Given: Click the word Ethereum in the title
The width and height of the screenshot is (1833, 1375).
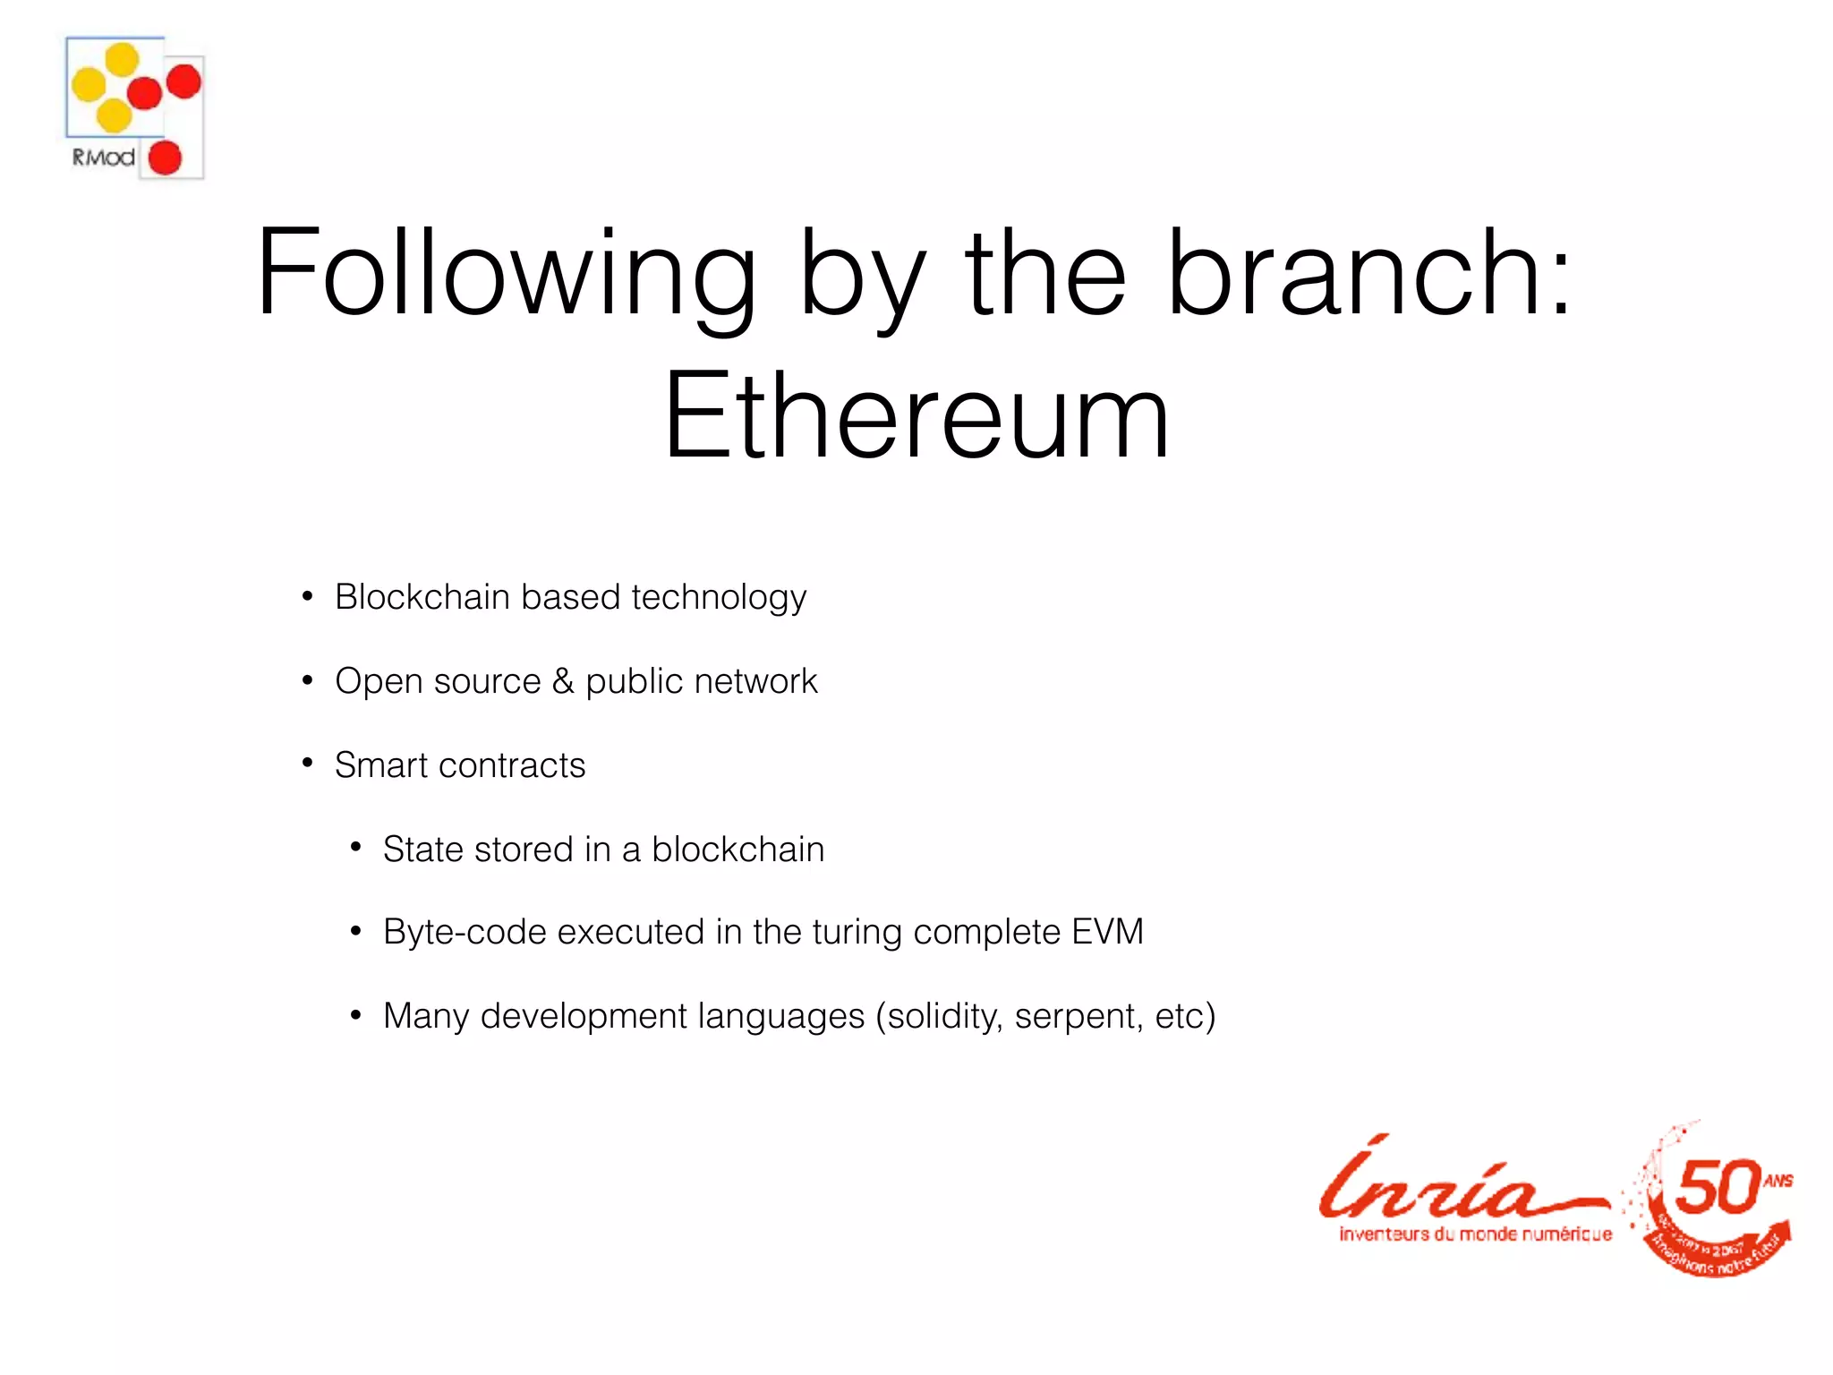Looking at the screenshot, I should coord(916,416).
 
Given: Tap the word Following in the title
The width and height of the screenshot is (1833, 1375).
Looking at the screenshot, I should coord(506,273).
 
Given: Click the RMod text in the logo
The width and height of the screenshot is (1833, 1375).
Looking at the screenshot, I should coord(103,158).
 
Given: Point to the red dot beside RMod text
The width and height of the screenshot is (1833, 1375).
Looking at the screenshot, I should coord(165,158).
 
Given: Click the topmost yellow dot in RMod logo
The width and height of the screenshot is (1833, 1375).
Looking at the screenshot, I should coord(123,59).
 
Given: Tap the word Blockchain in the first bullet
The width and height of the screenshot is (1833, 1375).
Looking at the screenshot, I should coord(422,597).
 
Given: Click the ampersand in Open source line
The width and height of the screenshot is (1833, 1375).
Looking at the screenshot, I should coord(563,681).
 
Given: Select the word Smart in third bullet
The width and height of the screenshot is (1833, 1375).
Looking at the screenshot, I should coord(381,765).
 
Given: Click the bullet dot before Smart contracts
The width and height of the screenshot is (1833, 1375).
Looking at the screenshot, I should coord(307,764).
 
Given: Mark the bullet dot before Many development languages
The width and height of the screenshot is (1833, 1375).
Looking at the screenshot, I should coord(355,1015).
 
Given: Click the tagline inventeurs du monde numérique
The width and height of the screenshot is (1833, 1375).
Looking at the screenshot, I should coord(1475,1234).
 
